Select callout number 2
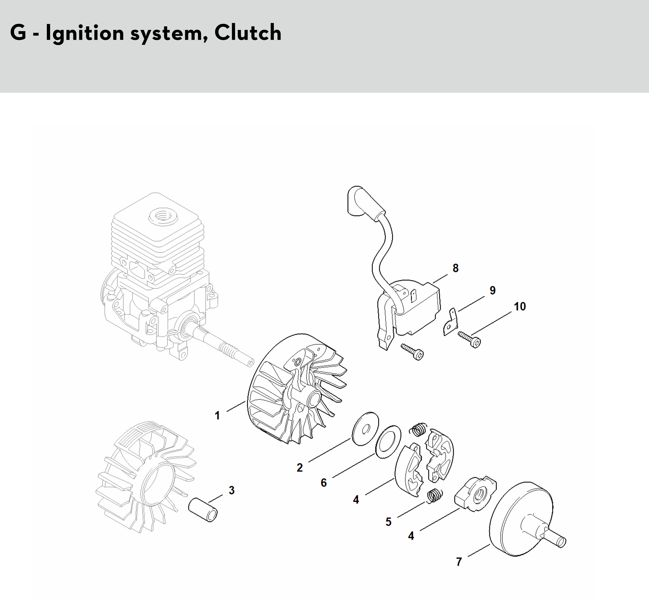click(299, 468)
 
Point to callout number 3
click(232, 490)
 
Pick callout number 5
click(388, 522)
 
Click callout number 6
click(323, 483)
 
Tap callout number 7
click(459, 562)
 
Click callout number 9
click(492, 290)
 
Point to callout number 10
click(520, 306)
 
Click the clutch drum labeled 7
click(520, 520)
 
